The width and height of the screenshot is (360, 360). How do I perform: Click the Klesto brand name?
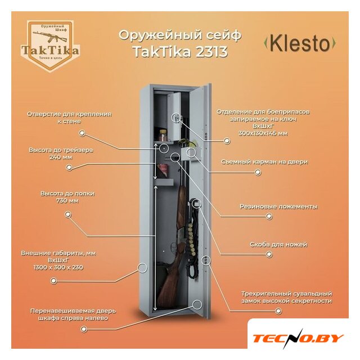(x=300, y=44)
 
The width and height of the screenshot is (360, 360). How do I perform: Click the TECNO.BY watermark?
(x=298, y=338)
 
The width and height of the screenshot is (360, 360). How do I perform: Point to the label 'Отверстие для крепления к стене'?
(x=69, y=117)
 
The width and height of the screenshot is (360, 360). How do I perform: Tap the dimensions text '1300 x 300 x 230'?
(x=58, y=267)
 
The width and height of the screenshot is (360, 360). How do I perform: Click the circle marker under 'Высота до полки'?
(x=69, y=214)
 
